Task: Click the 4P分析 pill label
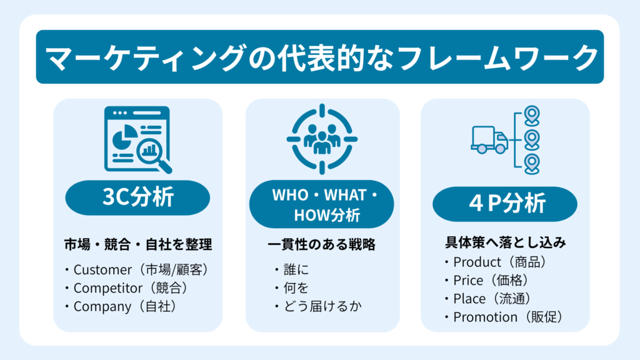pyautogui.click(x=505, y=203)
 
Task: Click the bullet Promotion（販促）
pyautogui.click(x=504, y=317)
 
